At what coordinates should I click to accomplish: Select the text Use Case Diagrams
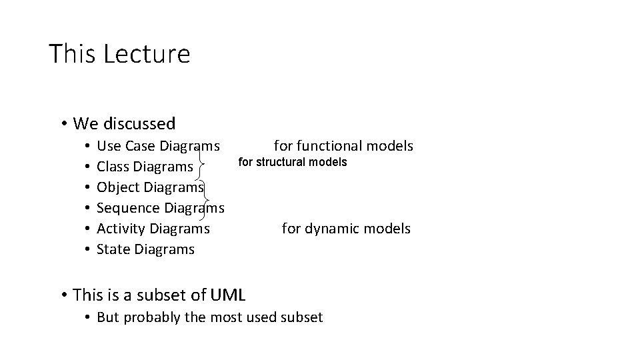coord(158,145)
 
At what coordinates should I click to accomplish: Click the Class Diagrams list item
coord(145,166)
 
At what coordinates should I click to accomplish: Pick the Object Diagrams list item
coord(150,187)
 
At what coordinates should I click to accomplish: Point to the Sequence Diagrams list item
coord(160,207)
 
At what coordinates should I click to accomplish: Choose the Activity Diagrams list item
coord(153,229)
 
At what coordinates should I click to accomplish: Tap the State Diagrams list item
coord(146,249)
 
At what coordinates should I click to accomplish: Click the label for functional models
coord(343,145)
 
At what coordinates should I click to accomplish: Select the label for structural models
coord(293,162)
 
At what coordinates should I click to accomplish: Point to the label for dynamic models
coord(346,229)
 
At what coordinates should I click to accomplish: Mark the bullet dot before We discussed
coord(63,123)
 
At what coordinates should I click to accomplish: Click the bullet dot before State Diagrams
coord(87,249)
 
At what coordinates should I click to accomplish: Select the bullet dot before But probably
coord(87,317)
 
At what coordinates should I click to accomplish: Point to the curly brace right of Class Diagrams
coord(202,160)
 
